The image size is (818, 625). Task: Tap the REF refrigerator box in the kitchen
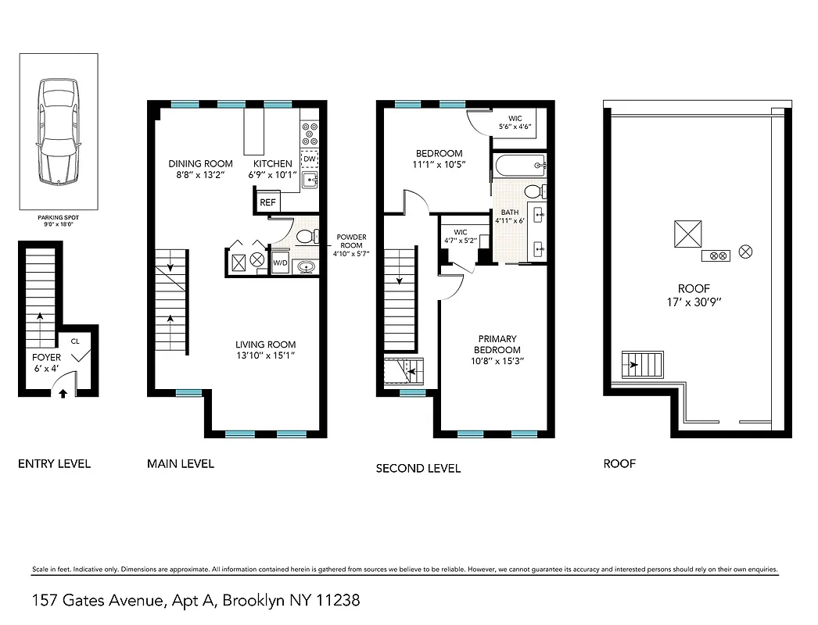267,202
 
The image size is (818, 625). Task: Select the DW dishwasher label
309,159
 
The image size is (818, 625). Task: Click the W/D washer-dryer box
280,262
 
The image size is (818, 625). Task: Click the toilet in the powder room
308,235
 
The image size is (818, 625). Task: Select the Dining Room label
201,164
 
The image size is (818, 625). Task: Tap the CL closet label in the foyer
75,341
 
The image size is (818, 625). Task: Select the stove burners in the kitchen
310,133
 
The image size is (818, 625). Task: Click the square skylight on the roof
688,234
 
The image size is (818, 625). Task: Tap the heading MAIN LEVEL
181,464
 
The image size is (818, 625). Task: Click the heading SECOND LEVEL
418,469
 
